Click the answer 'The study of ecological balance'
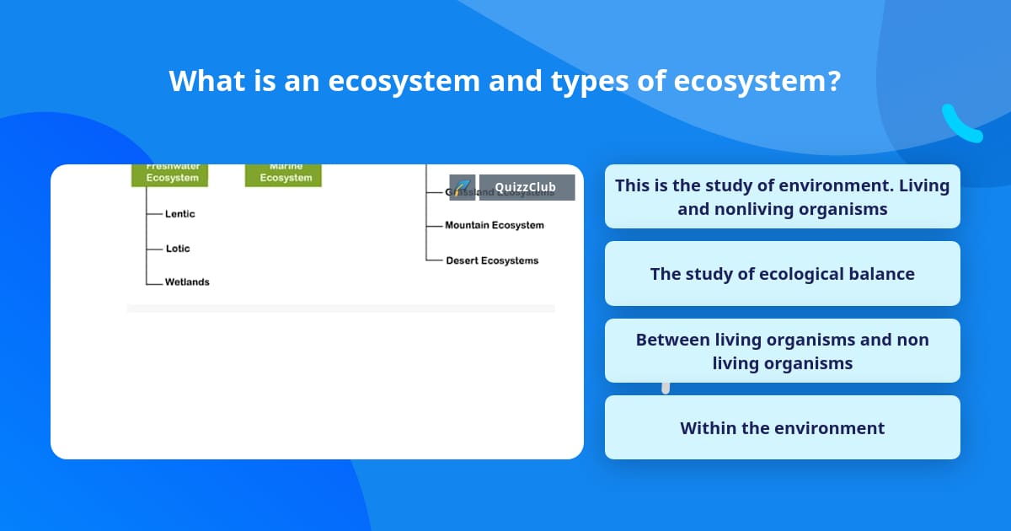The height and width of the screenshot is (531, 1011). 782,274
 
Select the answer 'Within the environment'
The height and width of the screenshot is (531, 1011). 782,428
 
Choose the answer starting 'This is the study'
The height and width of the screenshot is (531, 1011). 782,196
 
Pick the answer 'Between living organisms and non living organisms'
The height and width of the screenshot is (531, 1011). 782,351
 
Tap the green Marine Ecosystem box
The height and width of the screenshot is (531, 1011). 283,174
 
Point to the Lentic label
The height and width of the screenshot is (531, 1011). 179,214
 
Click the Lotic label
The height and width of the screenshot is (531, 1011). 178,249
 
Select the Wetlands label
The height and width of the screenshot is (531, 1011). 187,282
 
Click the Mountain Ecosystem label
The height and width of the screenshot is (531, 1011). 495,225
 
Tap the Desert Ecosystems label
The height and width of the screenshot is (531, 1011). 492,260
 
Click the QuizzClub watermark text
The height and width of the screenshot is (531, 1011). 526,187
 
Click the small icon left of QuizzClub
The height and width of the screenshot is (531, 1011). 462,187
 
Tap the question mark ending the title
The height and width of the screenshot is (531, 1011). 833,81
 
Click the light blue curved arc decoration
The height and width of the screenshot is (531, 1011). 960,125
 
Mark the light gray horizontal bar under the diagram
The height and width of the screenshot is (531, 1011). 340,308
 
